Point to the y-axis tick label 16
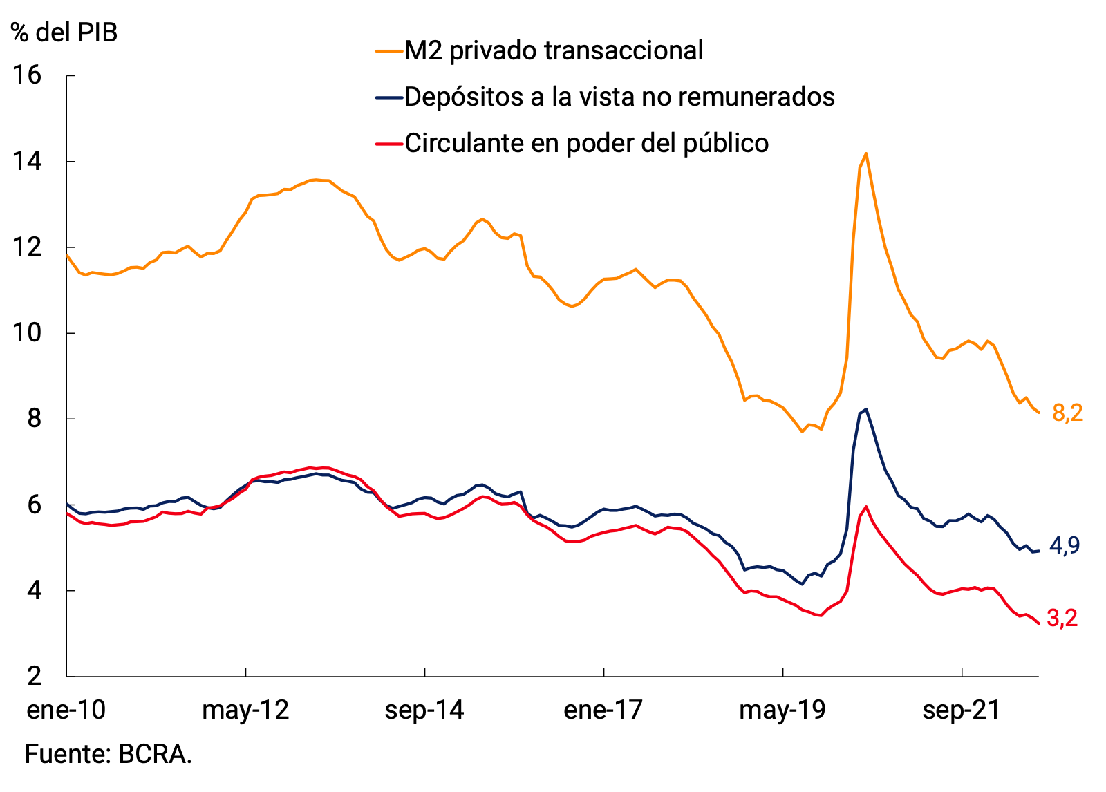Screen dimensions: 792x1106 pos(28,75)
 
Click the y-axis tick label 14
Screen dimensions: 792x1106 pos(28,162)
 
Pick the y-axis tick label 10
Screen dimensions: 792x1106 pos(28,333)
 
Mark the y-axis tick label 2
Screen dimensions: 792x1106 pos(35,676)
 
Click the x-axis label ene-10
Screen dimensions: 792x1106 pos(66,710)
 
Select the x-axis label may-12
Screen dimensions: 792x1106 pos(245,710)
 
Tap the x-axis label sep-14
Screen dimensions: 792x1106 pos(424,710)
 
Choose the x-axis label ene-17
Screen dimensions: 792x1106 pos(603,710)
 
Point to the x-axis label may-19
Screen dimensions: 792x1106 pos(782,710)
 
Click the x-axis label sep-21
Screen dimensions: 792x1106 pos(962,710)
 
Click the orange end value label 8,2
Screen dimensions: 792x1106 pos(1067,413)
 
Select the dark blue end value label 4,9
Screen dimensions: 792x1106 pos(1065,546)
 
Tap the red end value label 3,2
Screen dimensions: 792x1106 pos(1062,619)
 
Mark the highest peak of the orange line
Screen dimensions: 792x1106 pos(866,153)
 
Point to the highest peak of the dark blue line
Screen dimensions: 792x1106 pos(866,408)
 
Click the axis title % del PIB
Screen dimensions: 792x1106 pos(64,32)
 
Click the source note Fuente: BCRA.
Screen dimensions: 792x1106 pos(109,754)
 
